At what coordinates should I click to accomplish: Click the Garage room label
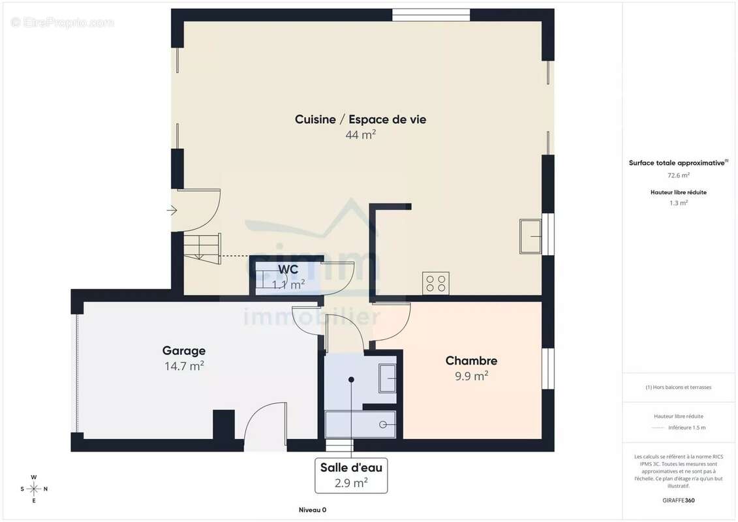184,351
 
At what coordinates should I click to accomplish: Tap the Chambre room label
471,361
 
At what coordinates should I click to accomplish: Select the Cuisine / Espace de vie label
360,119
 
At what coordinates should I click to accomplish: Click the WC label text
288,269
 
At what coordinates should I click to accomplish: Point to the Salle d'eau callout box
351,475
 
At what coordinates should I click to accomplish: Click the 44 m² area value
360,135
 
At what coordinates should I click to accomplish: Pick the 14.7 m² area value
184,367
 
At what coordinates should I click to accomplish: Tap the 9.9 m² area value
471,376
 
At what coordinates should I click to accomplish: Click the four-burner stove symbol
435,283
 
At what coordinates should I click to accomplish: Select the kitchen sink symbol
530,236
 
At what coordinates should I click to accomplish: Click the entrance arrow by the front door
172,210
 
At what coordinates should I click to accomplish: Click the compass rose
34,489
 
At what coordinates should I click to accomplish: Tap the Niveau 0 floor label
313,510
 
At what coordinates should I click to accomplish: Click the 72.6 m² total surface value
679,176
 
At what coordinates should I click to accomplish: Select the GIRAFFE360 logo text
679,500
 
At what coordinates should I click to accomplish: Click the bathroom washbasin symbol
388,378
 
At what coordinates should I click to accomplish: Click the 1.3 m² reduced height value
679,203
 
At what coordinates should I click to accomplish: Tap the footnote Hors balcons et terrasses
679,387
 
